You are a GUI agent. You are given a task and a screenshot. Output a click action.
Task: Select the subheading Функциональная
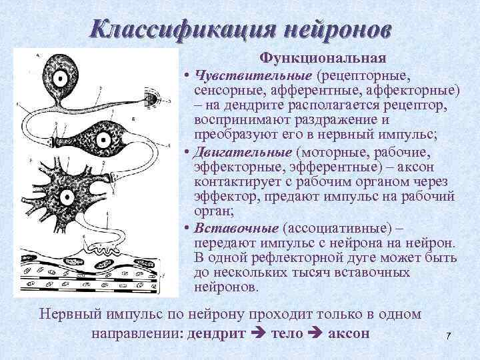[x=323, y=58]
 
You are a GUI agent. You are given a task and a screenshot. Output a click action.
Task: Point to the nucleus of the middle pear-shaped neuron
[x=105, y=141]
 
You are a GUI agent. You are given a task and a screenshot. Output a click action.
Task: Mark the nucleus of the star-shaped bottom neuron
[x=65, y=197]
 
